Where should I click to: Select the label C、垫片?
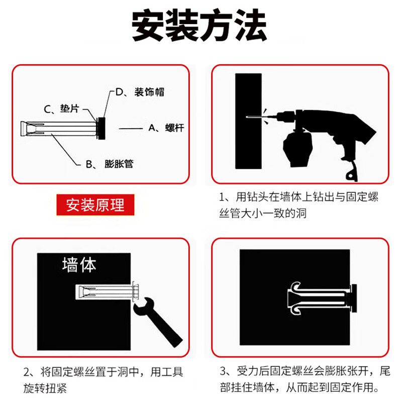pyautogui.click(x=61, y=109)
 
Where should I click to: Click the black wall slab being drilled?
pyautogui.click(x=248, y=121)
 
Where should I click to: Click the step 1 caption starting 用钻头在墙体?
pyautogui.click(x=299, y=205)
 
